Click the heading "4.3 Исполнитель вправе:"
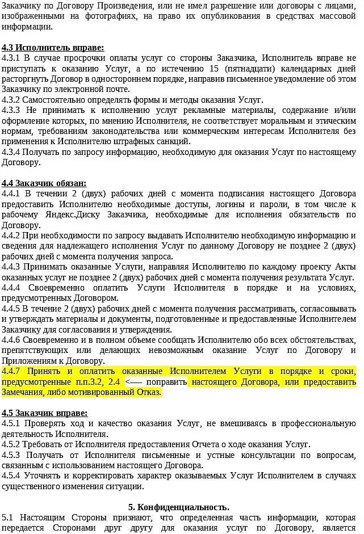53,48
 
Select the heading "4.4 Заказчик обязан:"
44,183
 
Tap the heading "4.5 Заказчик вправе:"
45,413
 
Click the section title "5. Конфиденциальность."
179,507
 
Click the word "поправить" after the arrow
170,382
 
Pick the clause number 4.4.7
11,371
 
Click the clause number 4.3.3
11,110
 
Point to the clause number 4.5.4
11,476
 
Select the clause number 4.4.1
11,194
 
